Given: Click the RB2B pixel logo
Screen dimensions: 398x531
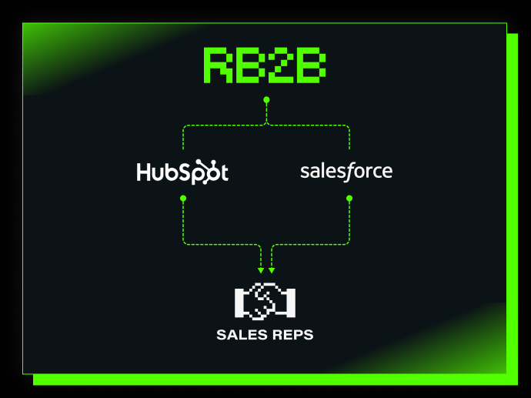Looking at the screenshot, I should [265, 65].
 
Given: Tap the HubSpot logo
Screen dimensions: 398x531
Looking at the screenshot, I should [182, 171].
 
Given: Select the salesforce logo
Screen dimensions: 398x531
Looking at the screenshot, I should [346, 170].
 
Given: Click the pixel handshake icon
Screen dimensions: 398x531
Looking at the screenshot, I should [265, 301].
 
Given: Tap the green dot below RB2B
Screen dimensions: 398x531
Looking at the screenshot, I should [266, 100].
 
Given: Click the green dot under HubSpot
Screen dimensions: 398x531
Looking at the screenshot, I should [183, 199].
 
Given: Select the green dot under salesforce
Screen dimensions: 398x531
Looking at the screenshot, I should [349, 199].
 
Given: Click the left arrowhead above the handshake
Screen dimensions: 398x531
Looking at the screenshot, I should [262, 270].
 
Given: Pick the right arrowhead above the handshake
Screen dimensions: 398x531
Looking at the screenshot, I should [272, 270].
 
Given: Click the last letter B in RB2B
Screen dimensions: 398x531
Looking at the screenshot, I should [311, 65].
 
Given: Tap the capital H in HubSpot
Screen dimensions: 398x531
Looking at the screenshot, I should [144, 171].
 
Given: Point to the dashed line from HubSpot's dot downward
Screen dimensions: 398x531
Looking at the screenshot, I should [183, 223].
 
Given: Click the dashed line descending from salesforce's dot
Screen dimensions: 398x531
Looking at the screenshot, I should [349, 223].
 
